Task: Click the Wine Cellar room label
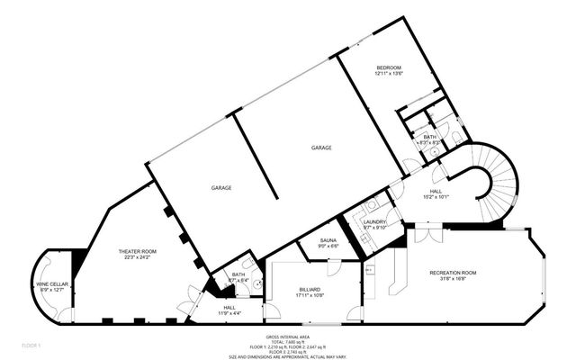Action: pos(49,283)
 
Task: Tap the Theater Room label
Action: pos(138,251)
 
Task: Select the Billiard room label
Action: pos(309,289)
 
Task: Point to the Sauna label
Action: pos(328,239)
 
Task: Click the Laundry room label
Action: pos(374,221)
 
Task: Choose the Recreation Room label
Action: pos(453,272)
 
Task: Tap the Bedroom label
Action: pos(389,68)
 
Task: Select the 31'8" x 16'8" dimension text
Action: pos(453,278)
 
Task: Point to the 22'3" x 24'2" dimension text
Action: pos(138,257)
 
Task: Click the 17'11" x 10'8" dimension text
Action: pos(309,295)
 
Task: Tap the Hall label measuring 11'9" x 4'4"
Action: pos(229,308)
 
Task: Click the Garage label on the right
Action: pos(321,147)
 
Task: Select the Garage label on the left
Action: pos(221,187)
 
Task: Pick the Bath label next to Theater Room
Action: pos(238,274)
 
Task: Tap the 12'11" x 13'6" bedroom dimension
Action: pos(389,75)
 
